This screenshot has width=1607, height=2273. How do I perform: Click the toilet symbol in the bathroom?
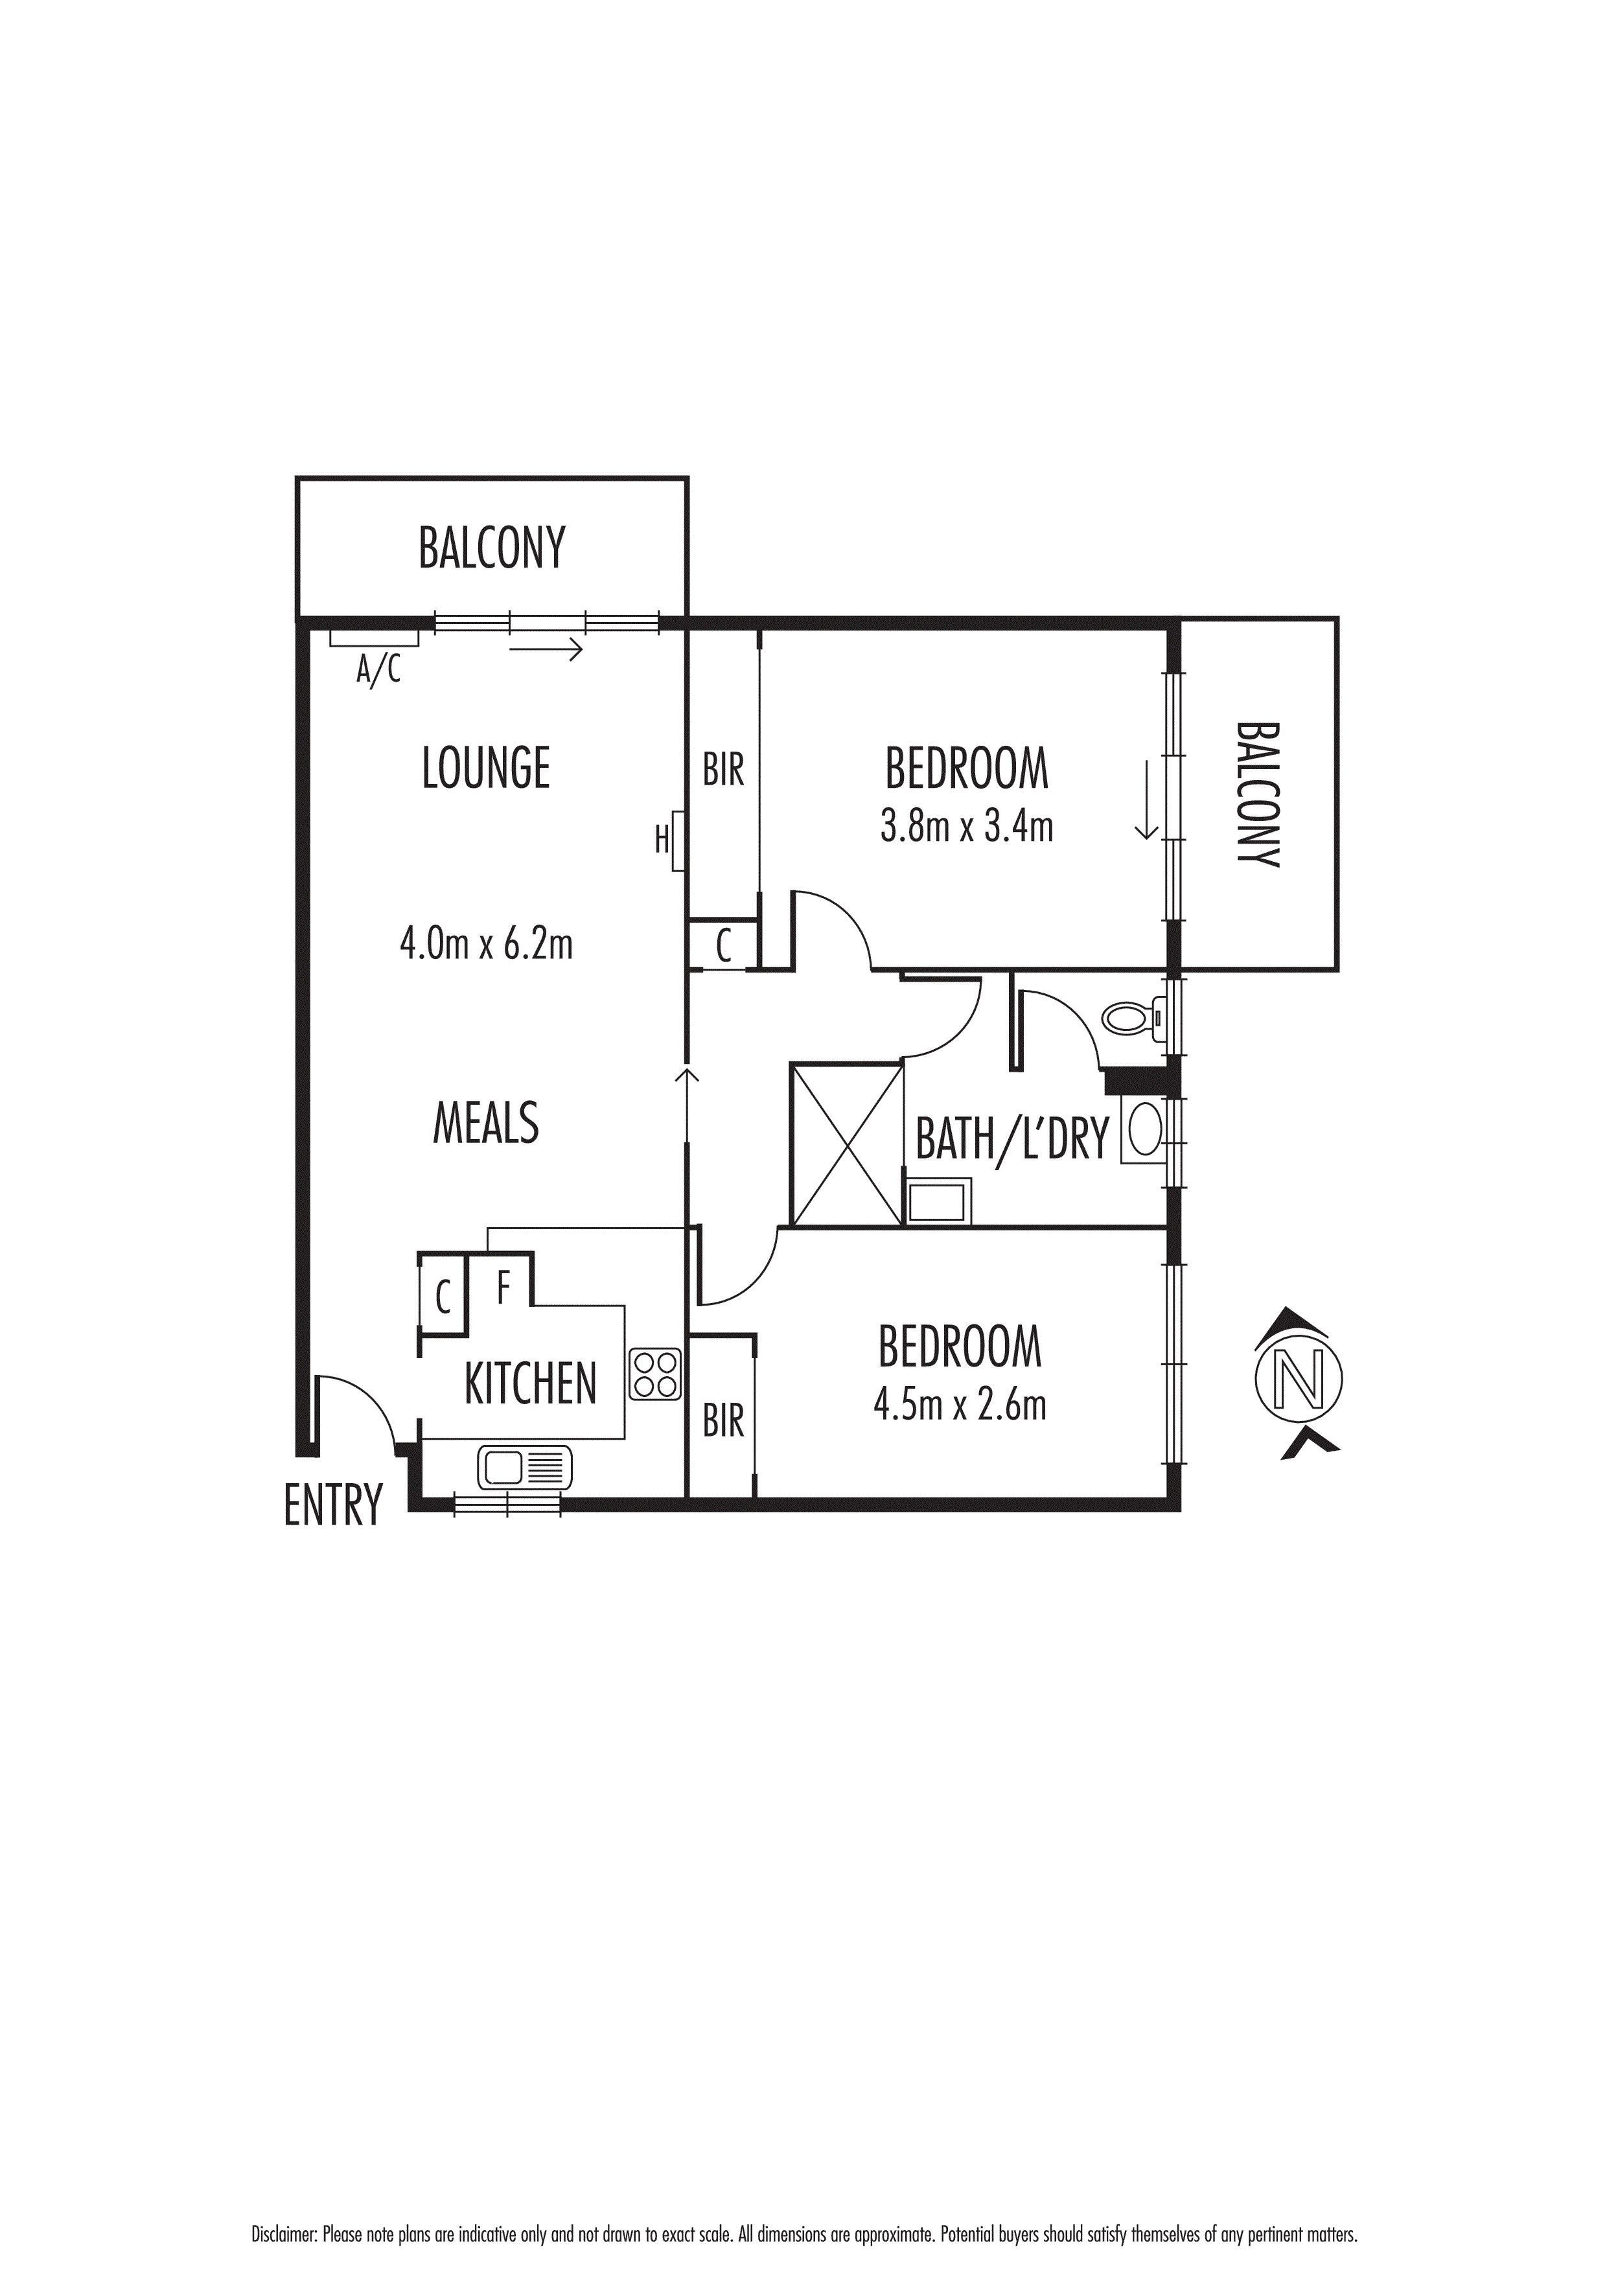point(1129,1018)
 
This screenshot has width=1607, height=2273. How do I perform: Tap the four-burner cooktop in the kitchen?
point(654,1374)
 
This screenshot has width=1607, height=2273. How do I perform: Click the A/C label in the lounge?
point(378,670)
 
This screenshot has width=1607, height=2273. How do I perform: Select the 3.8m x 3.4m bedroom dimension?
point(966,825)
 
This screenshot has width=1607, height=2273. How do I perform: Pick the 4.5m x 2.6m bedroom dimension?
point(960,1404)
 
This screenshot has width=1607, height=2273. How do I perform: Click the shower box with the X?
point(846,1144)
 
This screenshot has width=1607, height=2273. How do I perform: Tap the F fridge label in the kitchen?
point(503,1288)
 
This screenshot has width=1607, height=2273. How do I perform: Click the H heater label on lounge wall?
point(662,840)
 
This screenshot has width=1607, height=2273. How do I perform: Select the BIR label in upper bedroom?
point(723,769)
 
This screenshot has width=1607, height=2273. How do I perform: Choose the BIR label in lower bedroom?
point(723,1422)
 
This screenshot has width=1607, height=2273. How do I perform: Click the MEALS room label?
point(486,1123)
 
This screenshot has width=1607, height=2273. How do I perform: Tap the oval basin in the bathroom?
point(1144,1129)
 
